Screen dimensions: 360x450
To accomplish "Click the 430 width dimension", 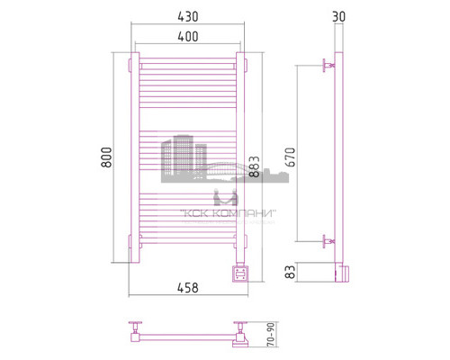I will click(x=187, y=18).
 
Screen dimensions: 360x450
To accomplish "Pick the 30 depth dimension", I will click(x=337, y=15).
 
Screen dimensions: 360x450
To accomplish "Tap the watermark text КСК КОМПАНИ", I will click(x=229, y=213).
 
